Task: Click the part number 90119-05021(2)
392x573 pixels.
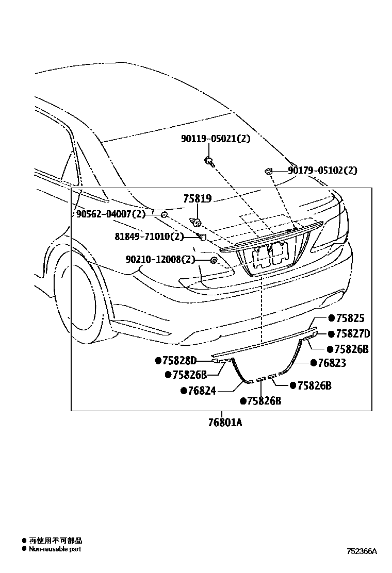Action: pos(215,138)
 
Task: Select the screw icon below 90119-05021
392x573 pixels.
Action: pos(209,161)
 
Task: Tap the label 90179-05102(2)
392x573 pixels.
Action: pos(322,171)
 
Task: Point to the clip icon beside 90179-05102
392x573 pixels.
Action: pos(269,171)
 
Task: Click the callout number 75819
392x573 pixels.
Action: pos(198,198)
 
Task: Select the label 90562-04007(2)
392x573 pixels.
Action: pos(111,214)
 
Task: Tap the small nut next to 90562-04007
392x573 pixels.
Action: pos(164,214)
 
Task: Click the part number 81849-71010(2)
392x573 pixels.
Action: pos(149,237)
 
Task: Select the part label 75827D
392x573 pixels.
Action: pos(353,334)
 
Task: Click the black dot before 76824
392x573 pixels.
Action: pos(183,391)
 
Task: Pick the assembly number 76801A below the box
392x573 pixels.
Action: pos(221,423)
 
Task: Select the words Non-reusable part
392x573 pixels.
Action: pos(55,549)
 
